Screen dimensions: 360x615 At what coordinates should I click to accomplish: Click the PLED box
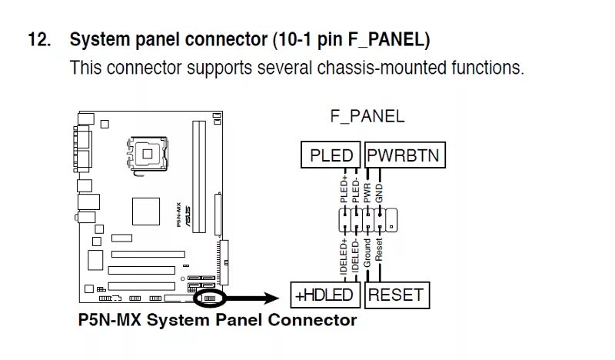(x=331, y=156)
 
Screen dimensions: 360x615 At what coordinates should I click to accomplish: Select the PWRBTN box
(x=403, y=156)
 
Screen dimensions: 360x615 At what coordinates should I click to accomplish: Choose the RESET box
(x=395, y=295)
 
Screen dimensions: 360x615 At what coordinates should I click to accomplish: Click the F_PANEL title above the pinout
(x=367, y=117)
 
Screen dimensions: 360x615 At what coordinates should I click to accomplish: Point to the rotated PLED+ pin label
(x=344, y=189)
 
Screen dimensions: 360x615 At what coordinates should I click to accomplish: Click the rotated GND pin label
(x=380, y=189)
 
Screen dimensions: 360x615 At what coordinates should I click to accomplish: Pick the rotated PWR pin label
(x=367, y=192)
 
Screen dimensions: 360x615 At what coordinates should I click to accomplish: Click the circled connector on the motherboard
(x=209, y=296)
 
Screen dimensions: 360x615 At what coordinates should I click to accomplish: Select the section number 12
(x=38, y=39)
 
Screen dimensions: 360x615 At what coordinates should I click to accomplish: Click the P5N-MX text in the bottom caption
(x=108, y=319)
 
